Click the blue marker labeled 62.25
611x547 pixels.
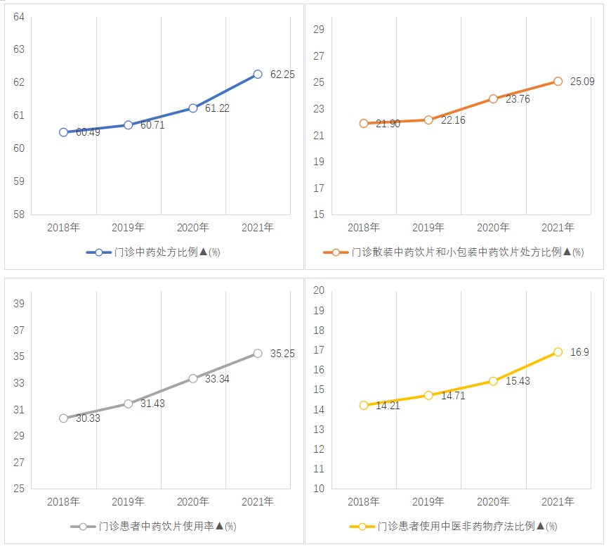pyautogui.click(x=258, y=74)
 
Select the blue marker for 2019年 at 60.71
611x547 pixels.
pyautogui.click(x=129, y=124)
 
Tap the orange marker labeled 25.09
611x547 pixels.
pyautogui.click(x=558, y=82)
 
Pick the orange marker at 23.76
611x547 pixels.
pyautogui.click(x=493, y=98)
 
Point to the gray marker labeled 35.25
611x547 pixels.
pyautogui.click(x=258, y=354)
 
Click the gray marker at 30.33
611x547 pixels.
pyautogui.click(x=64, y=418)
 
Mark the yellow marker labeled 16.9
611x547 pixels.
pyautogui.click(x=558, y=352)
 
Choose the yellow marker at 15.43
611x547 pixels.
pyautogui.click(x=493, y=381)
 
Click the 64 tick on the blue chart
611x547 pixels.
pyautogui.click(x=18, y=16)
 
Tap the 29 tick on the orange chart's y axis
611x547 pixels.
pyautogui.click(x=319, y=30)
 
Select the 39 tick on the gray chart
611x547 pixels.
pyautogui.click(x=19, y=304)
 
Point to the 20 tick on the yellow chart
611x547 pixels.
pyautogui.click(x=318, y=290)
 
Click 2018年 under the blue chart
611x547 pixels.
pyautogui.click(x=64, y=227)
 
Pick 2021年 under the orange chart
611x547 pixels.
pyautogui.click(x=558, y=227)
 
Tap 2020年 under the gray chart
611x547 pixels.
pyautogui.click(x=193, y=501)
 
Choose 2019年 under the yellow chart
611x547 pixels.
pyautogui.click(x=428, y=501)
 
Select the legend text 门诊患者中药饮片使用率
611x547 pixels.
pyautogui.click(x=156, y=526)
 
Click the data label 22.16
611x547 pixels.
pyautogui.click(x=453, y=120)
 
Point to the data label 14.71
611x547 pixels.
pyautogui.click(x=453, y=396)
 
